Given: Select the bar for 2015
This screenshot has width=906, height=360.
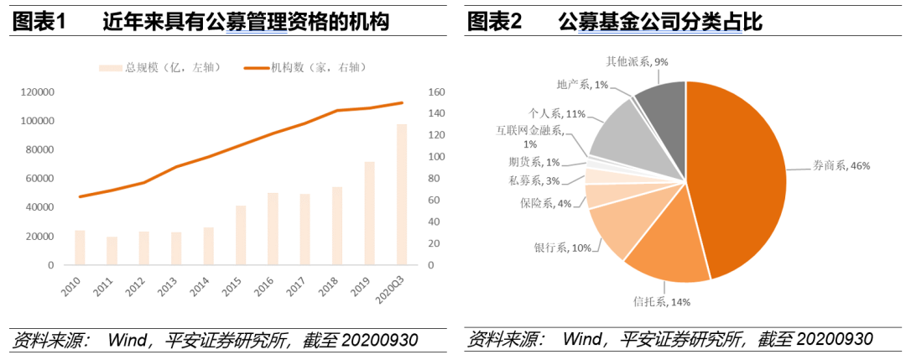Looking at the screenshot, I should click(241, 235).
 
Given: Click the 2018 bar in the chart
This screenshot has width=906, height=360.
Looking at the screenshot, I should click(337, 226).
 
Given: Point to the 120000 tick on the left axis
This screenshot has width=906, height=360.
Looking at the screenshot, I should click(38, 92).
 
